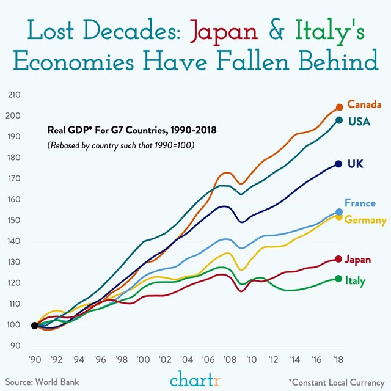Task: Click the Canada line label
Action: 365,104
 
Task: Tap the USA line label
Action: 359,121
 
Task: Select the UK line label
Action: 356,164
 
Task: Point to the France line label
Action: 360,203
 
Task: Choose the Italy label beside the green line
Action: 356,280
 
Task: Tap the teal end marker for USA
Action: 339,120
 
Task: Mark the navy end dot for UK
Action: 338,164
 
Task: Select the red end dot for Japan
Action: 338,259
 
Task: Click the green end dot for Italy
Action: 338,279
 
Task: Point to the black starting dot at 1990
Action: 34,326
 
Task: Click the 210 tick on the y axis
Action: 14,95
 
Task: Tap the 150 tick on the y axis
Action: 14,220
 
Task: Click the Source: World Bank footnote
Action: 43,382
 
